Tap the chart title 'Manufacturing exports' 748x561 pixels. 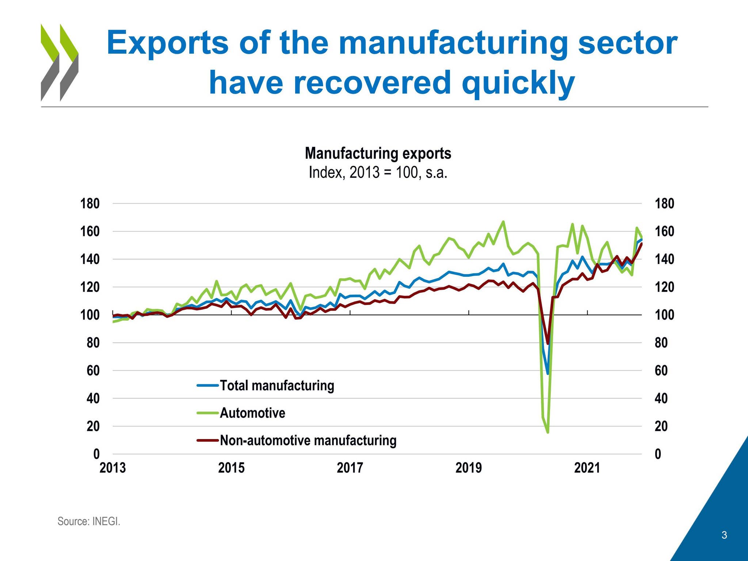pyautogui.click(x=378, y=153)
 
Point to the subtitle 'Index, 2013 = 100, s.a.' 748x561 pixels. pyautogui.click(x=378, y=172)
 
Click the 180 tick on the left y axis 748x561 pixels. pyautogui.click(x=90, y=203)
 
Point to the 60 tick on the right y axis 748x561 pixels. pyautogui.click(x=661, y=371)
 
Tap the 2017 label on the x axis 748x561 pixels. pyautogui.click(x=350, y=468)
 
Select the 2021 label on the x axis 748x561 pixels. pyautogui.click(x=587, y=468)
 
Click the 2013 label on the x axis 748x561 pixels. pyautogui.click(x=112, y=468)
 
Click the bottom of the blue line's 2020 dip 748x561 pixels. pyautogui.click(x=547, y=374)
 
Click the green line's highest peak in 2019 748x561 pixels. pyautogui.click(x=503, y=221)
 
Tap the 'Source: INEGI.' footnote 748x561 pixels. pyautogui.click(x=89, y=521)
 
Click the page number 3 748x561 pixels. pyautogui.click(x=724, y=535)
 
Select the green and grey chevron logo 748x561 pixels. pyautogui.click(x=59, y=62)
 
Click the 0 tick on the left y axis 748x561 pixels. pyautogui.click(x=96, y=454)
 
